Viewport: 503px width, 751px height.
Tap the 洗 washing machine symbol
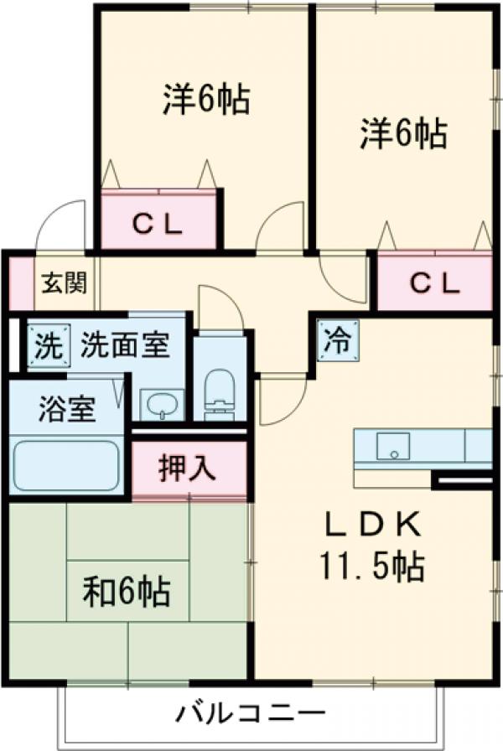click(46, 345)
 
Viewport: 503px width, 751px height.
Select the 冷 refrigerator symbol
click(338, 339)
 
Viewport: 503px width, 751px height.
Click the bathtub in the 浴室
click(65, 464)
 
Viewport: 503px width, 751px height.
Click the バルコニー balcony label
click(250, 715)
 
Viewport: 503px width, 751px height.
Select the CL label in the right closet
click(434, 284)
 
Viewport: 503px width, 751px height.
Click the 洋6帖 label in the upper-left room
click(205, 100)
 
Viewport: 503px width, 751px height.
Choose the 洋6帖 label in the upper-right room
click(403, 133)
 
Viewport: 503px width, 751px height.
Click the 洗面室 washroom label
click(125, 344)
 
